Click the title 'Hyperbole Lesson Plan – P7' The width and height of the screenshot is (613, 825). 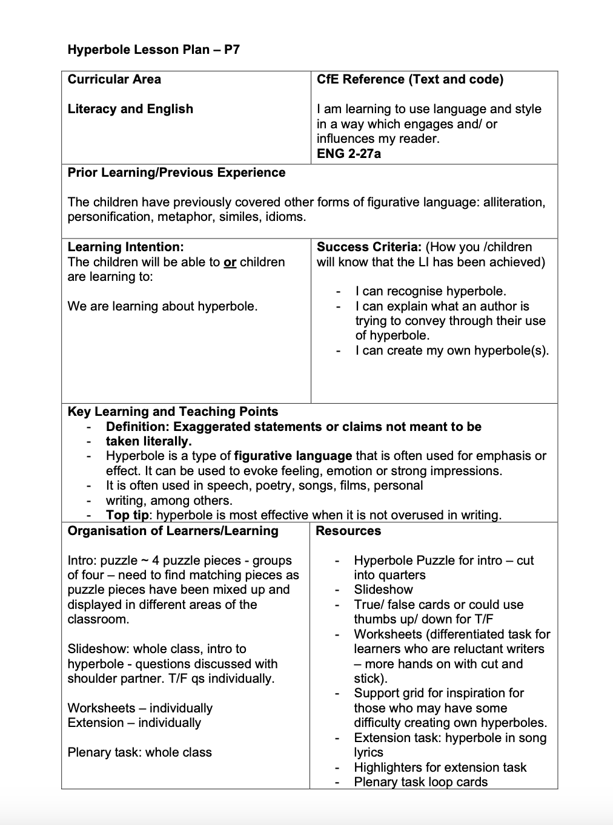154,50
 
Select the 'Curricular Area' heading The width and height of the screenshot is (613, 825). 114,79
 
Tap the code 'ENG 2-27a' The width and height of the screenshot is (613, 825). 349,154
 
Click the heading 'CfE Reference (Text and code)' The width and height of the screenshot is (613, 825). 410,79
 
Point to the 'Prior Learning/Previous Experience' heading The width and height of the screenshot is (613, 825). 176,173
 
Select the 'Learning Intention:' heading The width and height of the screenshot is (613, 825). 125,247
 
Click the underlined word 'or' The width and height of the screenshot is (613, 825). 230,262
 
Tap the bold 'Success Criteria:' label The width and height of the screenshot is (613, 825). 369,247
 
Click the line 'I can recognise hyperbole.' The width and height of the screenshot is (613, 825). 431,291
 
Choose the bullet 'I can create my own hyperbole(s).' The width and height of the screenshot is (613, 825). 452,350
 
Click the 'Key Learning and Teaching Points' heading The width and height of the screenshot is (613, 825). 173,412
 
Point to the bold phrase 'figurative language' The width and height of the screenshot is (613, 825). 293,456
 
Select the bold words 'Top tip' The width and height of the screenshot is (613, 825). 127,515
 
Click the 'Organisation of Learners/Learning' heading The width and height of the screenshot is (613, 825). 173,531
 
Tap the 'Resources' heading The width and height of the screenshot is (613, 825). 348,531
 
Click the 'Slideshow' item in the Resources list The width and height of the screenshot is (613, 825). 383,590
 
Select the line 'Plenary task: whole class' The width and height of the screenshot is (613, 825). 139,752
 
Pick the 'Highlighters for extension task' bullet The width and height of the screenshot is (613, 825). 440,767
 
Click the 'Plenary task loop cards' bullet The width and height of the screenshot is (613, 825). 421,782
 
